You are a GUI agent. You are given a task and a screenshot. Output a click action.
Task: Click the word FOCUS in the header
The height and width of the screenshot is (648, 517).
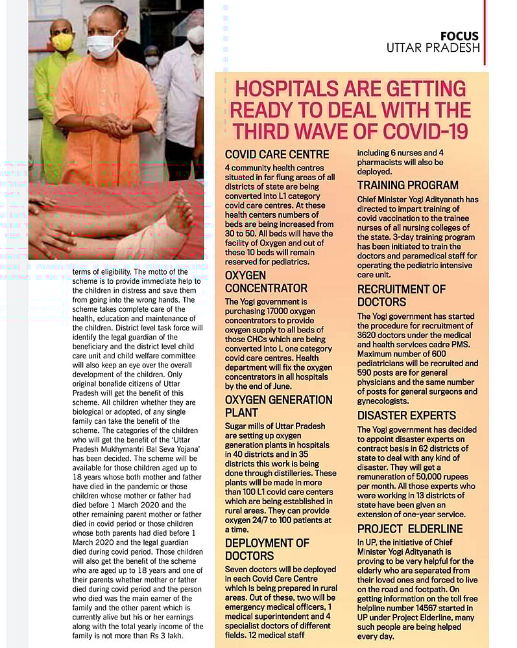click(459, 36)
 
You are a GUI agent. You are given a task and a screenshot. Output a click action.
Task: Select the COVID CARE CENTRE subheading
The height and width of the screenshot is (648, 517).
click(277, 155)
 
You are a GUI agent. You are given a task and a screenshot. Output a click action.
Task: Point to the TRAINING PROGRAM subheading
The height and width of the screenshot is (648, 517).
click(408, 185)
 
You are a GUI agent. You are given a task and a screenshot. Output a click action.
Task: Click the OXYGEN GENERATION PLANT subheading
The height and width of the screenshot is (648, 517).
click(278, 406)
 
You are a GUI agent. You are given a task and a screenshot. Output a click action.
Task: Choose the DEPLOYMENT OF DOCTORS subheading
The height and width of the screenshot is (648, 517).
click(267, 549)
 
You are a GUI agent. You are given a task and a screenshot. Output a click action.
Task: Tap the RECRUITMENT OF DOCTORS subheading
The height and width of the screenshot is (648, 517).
click(402, 295)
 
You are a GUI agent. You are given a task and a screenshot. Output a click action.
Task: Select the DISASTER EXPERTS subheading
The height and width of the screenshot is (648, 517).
click(407, 415)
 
